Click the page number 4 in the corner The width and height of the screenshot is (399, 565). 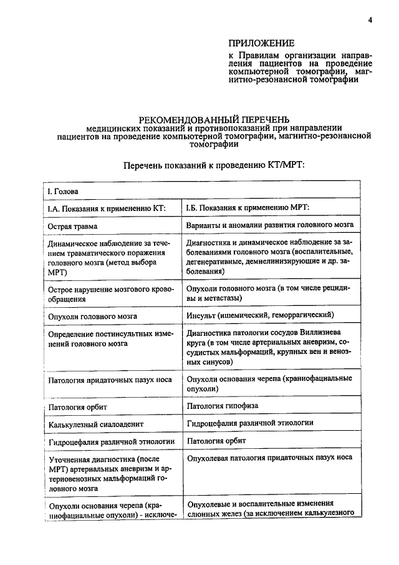tap(370, 19)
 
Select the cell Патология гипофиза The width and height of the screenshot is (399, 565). tap(223, 406)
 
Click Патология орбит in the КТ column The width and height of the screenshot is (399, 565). tap(79, 407)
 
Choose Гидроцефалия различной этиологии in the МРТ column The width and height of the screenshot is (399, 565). tap(250, 423)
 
